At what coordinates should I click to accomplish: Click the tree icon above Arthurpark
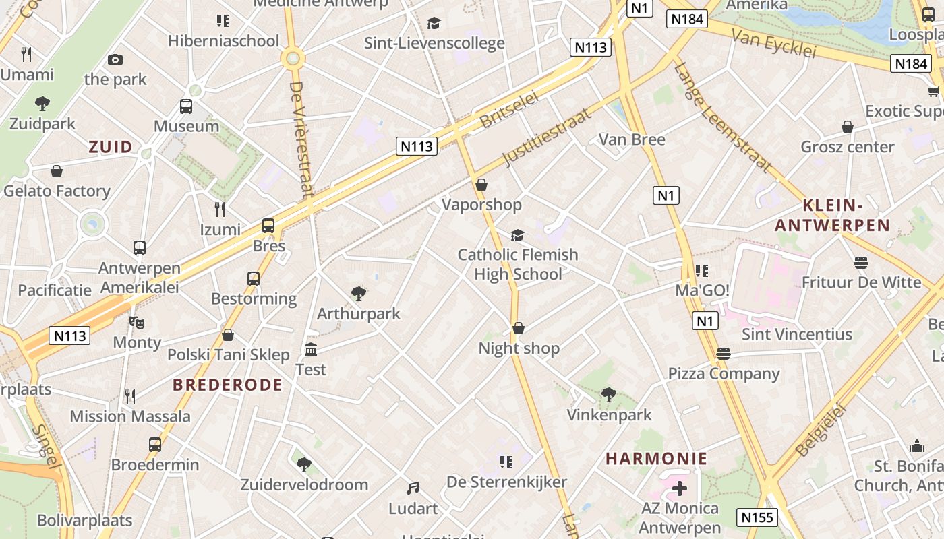359,293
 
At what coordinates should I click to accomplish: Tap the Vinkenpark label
609,414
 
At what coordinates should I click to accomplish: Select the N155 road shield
757,517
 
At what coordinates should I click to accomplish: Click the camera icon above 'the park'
115,59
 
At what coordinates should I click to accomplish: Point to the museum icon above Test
311,349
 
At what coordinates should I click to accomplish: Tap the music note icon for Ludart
413,488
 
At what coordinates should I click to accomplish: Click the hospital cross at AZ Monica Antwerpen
680,488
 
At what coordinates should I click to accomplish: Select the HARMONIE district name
656,459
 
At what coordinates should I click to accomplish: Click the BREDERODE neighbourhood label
227,385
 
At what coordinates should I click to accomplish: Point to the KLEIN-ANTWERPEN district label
833,216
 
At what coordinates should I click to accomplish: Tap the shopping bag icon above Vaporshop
481,184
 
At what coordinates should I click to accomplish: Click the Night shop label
519,348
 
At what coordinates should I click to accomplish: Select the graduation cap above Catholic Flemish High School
517,234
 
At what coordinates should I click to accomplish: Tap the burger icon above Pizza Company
724,354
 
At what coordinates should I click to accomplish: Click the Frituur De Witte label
862,282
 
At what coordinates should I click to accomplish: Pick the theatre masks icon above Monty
138,322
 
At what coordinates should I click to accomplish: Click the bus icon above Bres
268,226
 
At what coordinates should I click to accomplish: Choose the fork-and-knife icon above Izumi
220,209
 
